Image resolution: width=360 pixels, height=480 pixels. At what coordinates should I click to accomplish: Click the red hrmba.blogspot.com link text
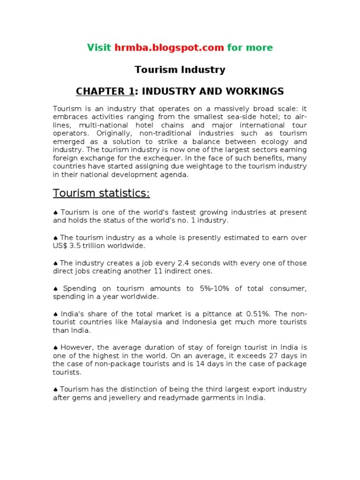pos(169,47)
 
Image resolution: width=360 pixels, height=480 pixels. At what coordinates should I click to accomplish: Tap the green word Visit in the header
pos(99,47)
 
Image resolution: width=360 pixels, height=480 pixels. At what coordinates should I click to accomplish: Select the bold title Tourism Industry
pos(180,70)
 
